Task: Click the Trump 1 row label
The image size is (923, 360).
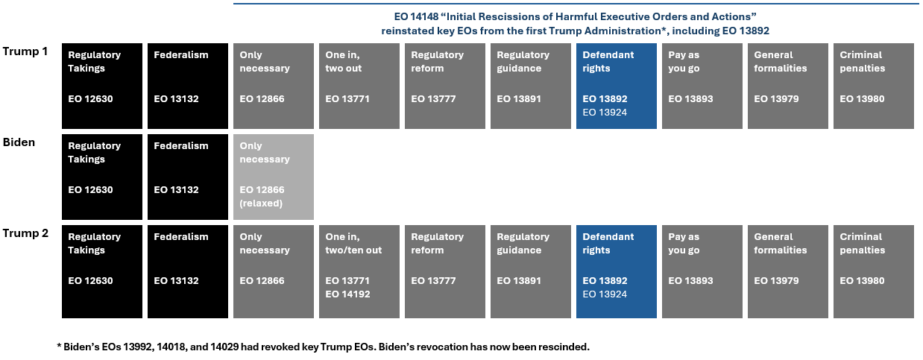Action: click(25, 51)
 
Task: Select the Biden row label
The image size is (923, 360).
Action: click(19, 142)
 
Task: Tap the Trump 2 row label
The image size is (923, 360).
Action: click(25, 233)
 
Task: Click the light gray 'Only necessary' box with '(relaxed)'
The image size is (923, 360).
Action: click(273, 177)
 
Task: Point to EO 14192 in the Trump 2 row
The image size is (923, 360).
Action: click(347, 294)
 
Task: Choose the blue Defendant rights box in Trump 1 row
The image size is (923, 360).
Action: click(616, 86)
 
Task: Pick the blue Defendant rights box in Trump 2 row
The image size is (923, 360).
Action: click(616, 271)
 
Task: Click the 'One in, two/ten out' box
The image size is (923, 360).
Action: click(359, 271)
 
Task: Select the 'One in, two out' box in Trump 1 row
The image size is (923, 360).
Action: click(359, 86)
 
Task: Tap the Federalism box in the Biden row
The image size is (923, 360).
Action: click(187, 177)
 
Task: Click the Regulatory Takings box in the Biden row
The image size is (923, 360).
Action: click(102, 177)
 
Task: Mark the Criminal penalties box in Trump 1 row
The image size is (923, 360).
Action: click(874, 86)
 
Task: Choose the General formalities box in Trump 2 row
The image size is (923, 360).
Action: click(788, 271)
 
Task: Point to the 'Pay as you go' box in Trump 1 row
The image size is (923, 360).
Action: click(702, 86)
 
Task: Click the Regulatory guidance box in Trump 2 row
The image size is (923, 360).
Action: click(530, 271)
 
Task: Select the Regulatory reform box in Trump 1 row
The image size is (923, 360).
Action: click(444, 86)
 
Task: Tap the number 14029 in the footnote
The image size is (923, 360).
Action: click(224, 347)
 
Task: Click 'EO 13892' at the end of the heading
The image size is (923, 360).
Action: click(746, 31)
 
